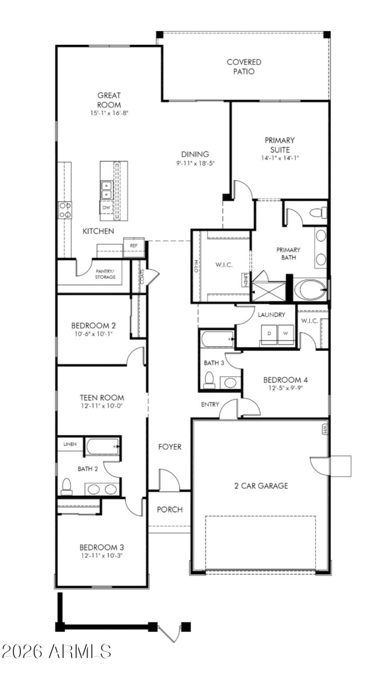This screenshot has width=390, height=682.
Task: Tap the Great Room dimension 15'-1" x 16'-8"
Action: pyautogui.click(x=109, y=113)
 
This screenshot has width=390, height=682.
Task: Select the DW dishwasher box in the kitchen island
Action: pyautogui.click(x=106, y=208)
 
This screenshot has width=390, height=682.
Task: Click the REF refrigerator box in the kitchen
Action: pyautogui.click(x=134, y=246)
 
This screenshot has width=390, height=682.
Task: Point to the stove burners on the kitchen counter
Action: pyautogui.click(x=65, y=210)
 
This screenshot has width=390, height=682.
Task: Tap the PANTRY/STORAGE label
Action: pyautogui.click(x=105, y=274)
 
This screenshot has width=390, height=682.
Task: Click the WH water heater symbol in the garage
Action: pyautogui.click(x=324, y=429)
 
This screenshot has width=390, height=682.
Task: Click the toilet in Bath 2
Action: pyautogui.click(x=67, y=486)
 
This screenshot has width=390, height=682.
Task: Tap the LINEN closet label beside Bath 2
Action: pyautogui.click(x=70, y=444)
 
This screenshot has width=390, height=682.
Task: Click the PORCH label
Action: pyautogui.click(x=170, y=509)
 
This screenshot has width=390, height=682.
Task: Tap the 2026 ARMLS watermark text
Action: pyautogui.click(x=57, y=651)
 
